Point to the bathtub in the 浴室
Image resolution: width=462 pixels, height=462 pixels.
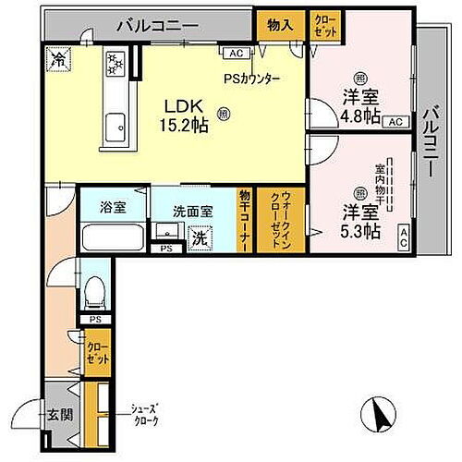[113, 237]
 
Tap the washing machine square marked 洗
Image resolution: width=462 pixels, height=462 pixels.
[199, 237]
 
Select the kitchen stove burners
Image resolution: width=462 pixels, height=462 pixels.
[116, 64]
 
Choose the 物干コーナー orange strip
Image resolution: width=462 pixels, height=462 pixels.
[244, 219]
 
